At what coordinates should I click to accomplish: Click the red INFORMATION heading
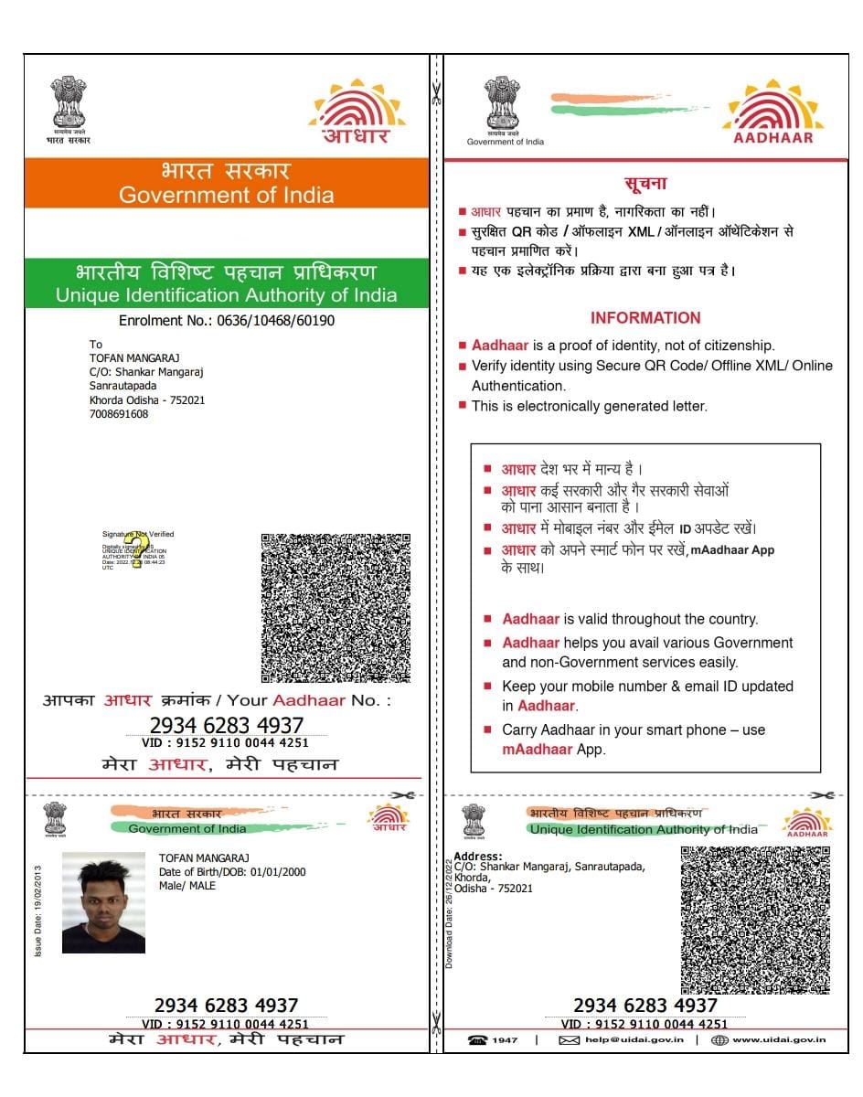tap(645, 318)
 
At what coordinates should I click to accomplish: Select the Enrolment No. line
tap(227, 321)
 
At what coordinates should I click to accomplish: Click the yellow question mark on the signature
tap(137, 549)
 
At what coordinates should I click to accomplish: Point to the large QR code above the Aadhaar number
tap(336, 608)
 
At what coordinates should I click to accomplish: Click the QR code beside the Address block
tap(755, 920)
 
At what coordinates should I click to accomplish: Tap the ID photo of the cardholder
tap(103, 902)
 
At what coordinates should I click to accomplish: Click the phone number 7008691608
tap(119, 414)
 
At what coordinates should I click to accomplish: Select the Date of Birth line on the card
tap(232, 872)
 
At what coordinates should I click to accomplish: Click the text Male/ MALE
tap(187, 886)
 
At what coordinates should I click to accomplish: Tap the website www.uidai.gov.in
tap(779, 1040)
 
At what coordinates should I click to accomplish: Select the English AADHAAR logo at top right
tap(773, 113)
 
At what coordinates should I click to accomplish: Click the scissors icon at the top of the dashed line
tap(437, 92)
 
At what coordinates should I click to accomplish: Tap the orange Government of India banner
tap(226, 183)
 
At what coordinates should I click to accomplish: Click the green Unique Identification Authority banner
tap(226, 283)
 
